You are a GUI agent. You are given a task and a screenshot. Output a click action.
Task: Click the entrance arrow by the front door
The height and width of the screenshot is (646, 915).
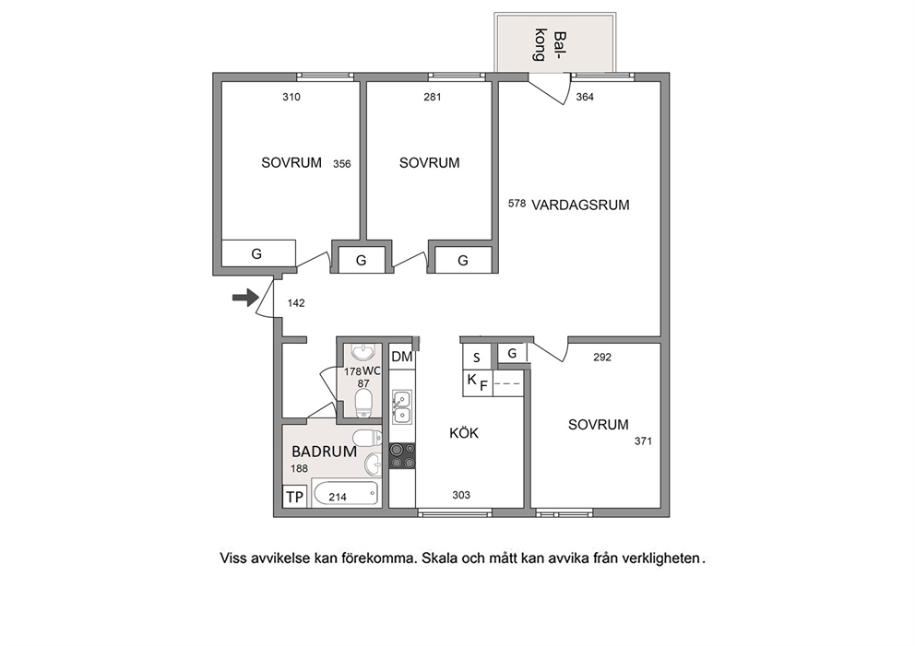point(245,298)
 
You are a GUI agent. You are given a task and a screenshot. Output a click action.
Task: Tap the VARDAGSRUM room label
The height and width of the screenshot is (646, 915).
point(580,205)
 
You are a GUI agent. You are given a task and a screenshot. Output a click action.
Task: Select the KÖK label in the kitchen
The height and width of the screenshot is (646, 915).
point(464,432)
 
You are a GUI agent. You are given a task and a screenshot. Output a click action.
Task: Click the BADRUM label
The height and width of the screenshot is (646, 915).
point(324,452)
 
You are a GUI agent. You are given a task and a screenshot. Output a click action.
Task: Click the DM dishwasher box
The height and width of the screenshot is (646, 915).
point(401,357)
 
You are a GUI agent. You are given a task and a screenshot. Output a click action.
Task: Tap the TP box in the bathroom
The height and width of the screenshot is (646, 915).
point(294,497)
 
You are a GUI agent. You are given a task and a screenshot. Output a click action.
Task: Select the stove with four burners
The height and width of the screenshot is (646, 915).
point(402,456)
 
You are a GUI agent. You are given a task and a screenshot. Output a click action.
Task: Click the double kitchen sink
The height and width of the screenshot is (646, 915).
point(401,407)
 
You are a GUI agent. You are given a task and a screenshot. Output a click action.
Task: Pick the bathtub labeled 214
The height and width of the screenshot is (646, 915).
point(346,494)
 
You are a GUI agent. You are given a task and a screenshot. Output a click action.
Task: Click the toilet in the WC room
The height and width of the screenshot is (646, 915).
point(363,403)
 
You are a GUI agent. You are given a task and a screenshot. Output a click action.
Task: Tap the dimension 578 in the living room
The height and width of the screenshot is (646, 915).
point(517,204)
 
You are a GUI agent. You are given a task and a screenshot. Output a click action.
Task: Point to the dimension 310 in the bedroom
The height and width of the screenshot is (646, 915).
point(291,97)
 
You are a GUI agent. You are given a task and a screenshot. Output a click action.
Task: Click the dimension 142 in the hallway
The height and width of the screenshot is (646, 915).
point(296,303)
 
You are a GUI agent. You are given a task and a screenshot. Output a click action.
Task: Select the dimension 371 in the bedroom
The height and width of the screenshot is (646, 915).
point(643,441)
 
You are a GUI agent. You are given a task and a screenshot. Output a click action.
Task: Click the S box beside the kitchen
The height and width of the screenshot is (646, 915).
point(477,358)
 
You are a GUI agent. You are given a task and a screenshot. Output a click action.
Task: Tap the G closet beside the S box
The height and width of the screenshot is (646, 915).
point(512,353)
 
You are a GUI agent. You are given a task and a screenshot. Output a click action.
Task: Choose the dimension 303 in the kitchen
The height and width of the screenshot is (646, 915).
point(461,495)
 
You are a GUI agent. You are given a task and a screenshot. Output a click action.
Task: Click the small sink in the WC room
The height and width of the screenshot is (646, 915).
point(364,353)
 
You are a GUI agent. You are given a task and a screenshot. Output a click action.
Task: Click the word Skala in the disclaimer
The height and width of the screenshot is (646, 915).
point(440,558)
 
